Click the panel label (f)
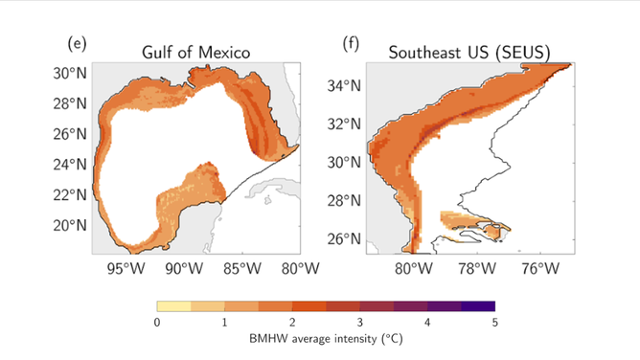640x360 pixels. tap(350, 43)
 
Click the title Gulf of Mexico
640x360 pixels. tap(194, 53)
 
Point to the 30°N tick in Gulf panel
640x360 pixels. tap(70, 73)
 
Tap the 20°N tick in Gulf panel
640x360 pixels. tap(70, 225)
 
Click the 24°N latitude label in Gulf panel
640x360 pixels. tap(70, 164)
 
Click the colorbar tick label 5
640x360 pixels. tap(494, 324)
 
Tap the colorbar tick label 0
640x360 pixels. tap(156, 324)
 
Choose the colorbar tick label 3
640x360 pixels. tap(359, 324)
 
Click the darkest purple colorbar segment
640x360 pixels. tap(477, 307)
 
